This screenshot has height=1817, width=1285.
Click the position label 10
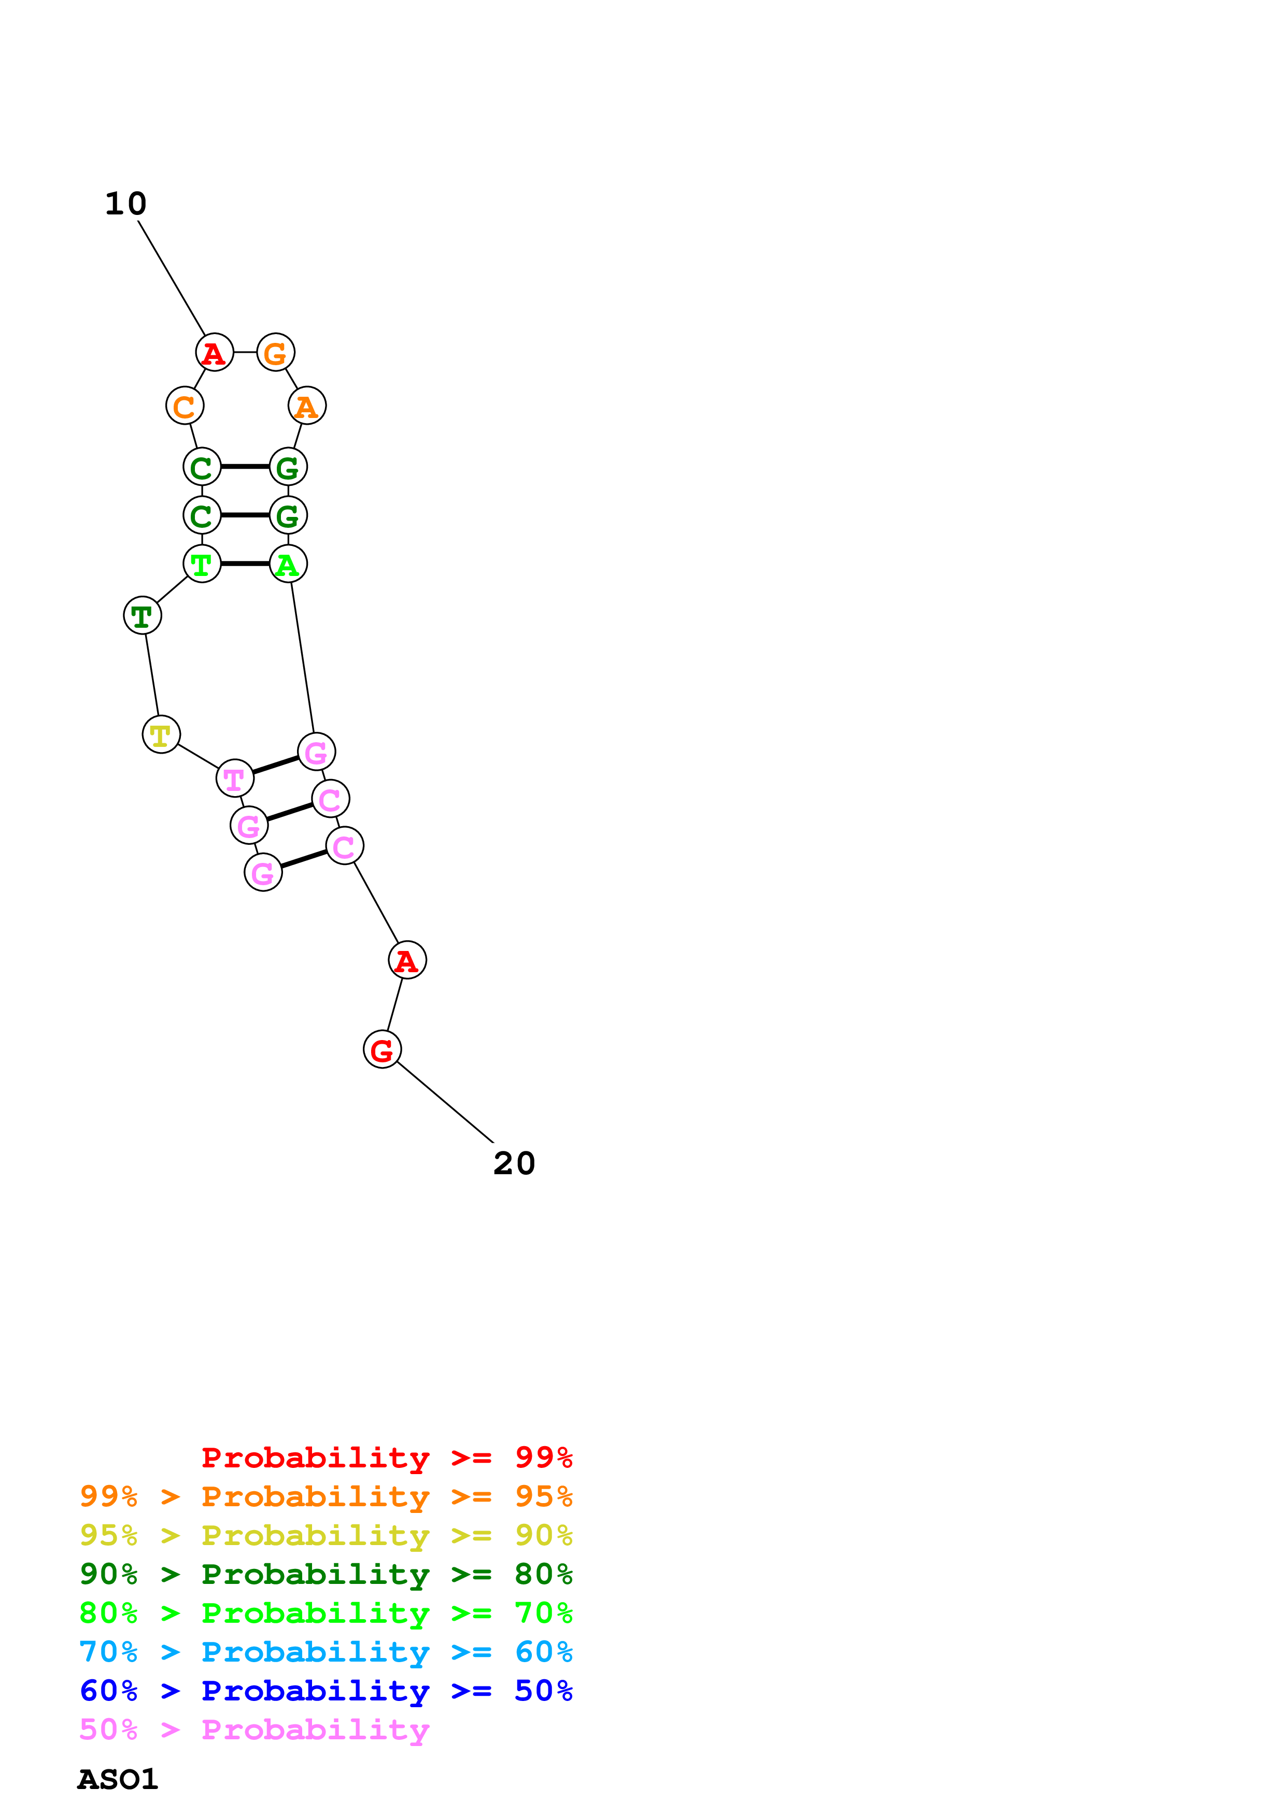pos(126,204)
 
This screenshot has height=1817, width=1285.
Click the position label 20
pos(514,1163)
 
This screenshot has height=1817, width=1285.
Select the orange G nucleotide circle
pos(276,353)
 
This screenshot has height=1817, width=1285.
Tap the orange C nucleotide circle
pos(185,406)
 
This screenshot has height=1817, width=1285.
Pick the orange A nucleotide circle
pos(306,406)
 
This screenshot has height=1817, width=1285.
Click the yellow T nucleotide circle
pos(161,734)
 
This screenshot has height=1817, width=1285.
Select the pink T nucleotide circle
pos(234,778)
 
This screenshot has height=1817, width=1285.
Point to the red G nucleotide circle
pos(382,1049)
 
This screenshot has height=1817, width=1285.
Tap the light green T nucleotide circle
pos(202,564)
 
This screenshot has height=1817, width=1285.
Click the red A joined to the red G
pos(407,960)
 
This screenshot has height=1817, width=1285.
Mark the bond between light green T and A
pos(245,564)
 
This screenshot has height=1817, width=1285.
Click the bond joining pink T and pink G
pos(275,765)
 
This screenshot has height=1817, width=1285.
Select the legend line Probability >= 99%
pos(386,1457)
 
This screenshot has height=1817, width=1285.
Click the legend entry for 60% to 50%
pos(326,1691)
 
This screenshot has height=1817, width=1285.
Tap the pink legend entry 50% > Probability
pos(254,1730)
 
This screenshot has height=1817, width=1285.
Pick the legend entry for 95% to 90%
pos(326,1535)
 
